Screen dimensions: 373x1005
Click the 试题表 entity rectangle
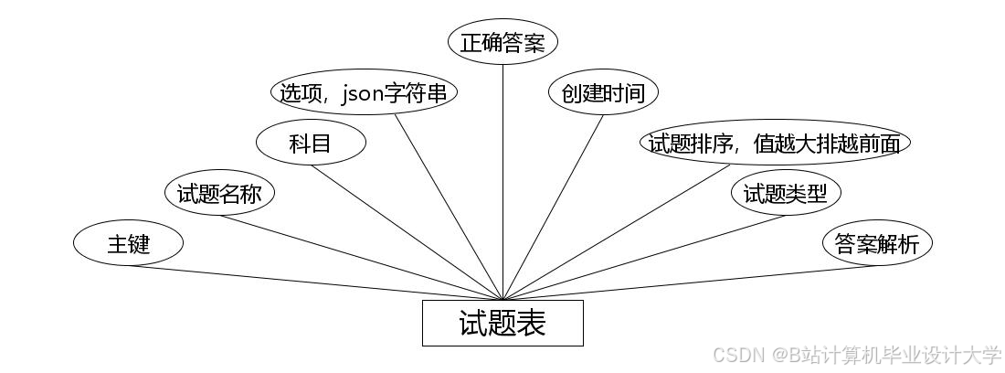pos(503,323)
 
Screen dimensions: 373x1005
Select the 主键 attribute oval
pos(128,244)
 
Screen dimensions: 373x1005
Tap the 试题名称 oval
pos(219,194)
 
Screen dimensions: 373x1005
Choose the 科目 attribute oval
pos(311,144)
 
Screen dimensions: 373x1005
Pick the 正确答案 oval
pos(503,43)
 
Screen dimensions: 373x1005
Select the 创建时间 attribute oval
pos(603,93)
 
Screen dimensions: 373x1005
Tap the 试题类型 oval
pos(786,194)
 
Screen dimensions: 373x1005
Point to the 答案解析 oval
pos(877,244)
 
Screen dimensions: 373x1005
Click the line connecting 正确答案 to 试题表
pos(503,183)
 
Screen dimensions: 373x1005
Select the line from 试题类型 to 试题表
pos(644,258)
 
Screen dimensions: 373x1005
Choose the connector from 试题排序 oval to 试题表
pos(617,232)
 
